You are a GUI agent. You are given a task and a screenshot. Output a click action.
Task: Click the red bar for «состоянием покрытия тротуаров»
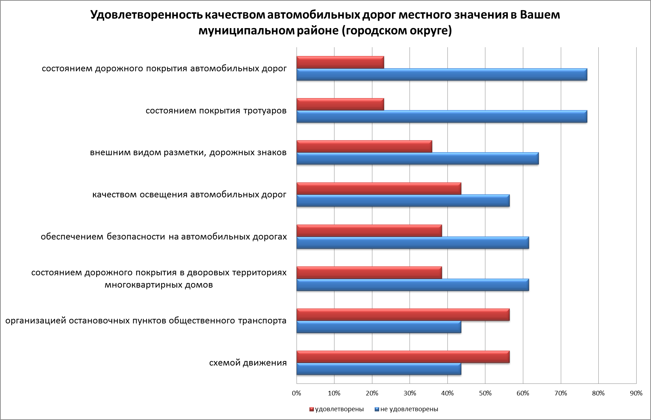click(340, 104)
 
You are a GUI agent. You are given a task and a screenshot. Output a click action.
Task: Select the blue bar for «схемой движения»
click(379, 369)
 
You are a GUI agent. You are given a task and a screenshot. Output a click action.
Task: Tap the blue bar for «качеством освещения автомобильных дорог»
click(403, 201)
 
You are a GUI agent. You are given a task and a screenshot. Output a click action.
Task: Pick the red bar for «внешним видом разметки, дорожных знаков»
click(364, 146)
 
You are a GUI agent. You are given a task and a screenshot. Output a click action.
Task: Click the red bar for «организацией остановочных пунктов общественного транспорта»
click(403, 315)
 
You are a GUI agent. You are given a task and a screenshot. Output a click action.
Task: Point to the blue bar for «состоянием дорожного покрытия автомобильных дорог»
click(441, 74)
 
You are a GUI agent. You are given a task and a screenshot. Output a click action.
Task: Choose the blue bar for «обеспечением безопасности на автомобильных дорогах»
click(412, 243)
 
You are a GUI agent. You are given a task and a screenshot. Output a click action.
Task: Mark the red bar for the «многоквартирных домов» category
click(369, 273)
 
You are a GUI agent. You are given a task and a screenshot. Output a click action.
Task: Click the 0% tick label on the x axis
click(297, 393)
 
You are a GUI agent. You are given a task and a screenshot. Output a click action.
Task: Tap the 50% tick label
click(485, 393)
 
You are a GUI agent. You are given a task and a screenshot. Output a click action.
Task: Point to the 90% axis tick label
click(636, 393)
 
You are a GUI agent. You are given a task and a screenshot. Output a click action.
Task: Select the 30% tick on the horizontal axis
click(410, 393)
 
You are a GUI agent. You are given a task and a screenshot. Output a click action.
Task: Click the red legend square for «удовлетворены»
click(311, 409)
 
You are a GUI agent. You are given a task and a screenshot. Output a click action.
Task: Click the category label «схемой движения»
click(248, 363)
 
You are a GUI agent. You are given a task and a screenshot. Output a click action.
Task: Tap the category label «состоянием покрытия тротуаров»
click(216, 111)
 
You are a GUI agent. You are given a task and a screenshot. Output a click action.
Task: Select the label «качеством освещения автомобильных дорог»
click(189, 195)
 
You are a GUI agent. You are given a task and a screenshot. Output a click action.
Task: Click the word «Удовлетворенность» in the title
click(146, 15)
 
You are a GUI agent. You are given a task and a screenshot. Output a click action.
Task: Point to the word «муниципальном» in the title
click(242, 31)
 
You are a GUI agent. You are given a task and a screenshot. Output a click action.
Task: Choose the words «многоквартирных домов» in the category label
click(159, 285)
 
